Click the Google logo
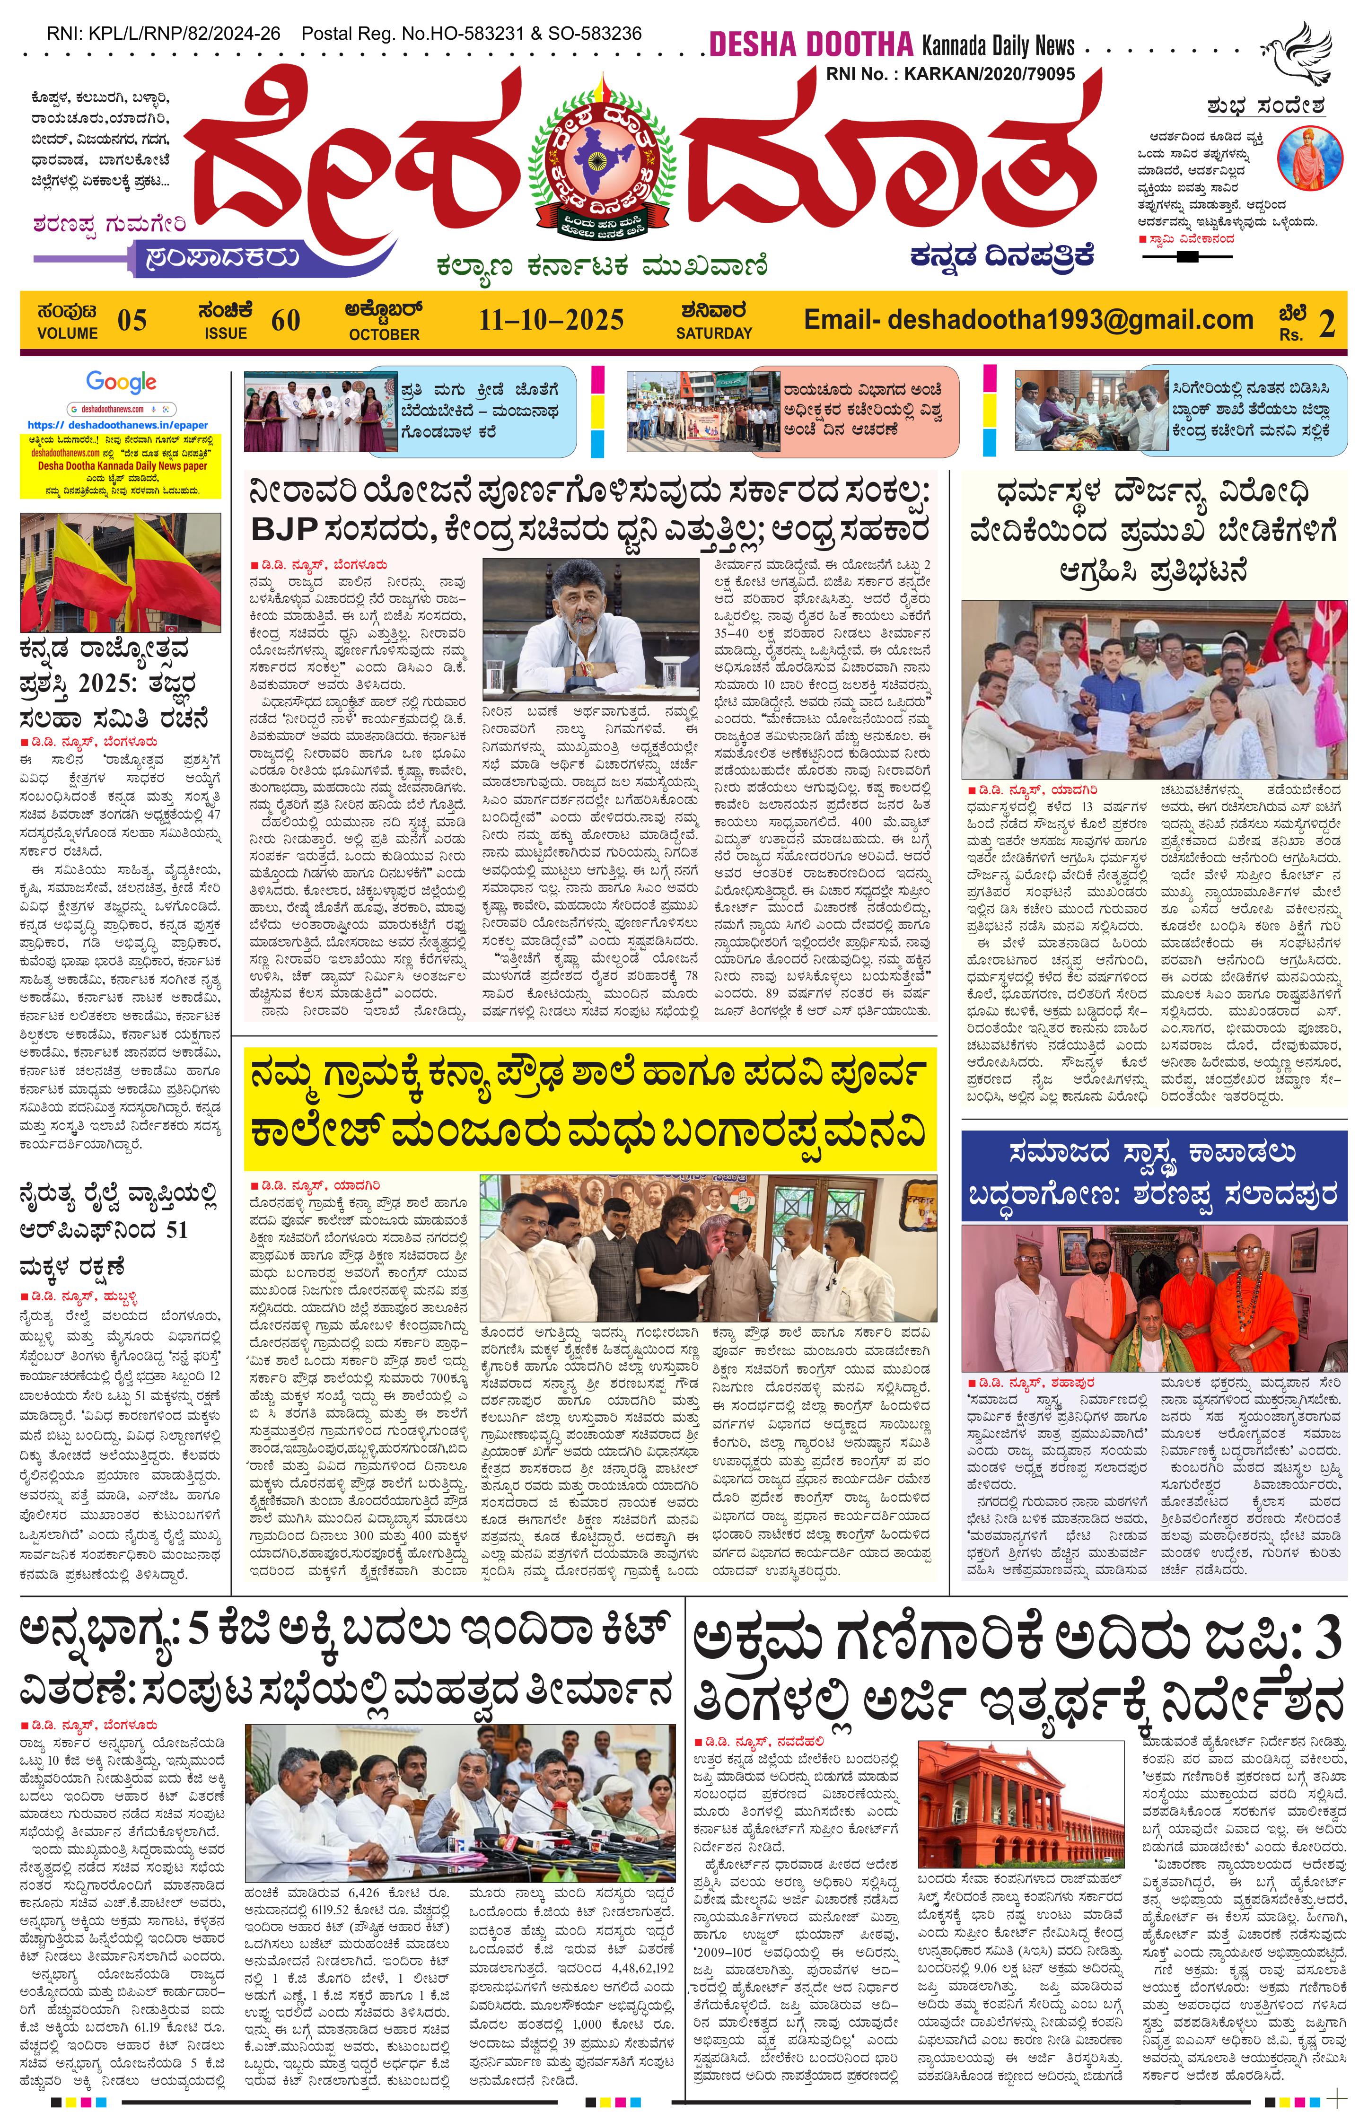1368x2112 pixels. click(x=122, y=383)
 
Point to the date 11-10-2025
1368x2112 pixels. click(x=551, y=319)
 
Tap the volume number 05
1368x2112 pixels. click(x=132, y=320)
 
